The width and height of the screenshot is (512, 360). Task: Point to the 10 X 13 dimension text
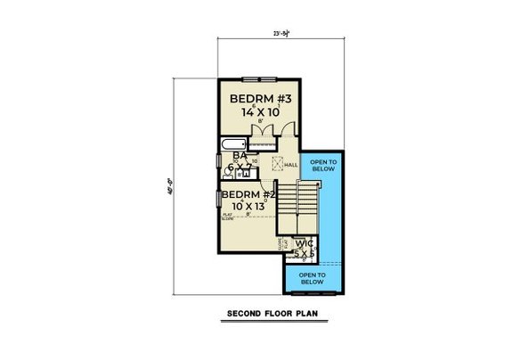point(247,208)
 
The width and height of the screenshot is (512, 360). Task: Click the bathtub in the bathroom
point(232,144)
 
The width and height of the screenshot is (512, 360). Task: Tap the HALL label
point(290,164)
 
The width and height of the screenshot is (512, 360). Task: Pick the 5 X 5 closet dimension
point(306,252)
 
